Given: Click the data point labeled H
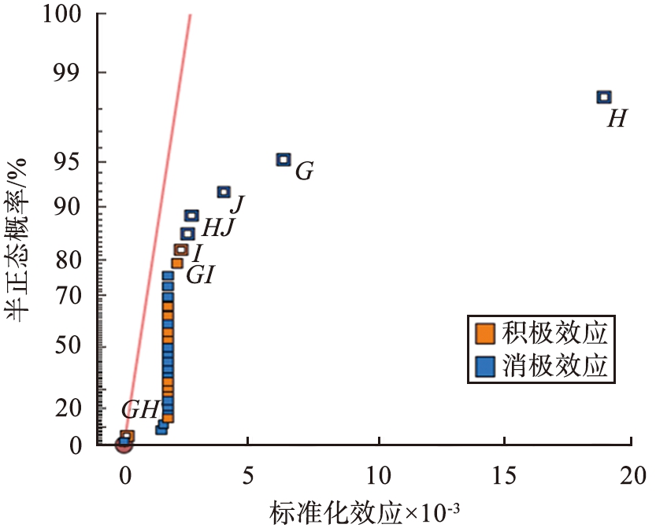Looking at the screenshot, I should (604, 97).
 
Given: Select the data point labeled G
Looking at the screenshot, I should (284, 159).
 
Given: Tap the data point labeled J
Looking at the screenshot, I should (224, 191).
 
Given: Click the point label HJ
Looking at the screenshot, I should (218, 228).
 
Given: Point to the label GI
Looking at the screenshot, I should (200, 275).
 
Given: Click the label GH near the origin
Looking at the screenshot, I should (140, 409).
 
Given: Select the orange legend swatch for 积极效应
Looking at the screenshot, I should (485, 333).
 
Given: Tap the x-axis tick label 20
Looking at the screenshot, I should (631, 475).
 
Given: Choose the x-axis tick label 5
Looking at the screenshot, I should (248, 475).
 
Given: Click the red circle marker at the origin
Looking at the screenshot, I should (124, 445).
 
